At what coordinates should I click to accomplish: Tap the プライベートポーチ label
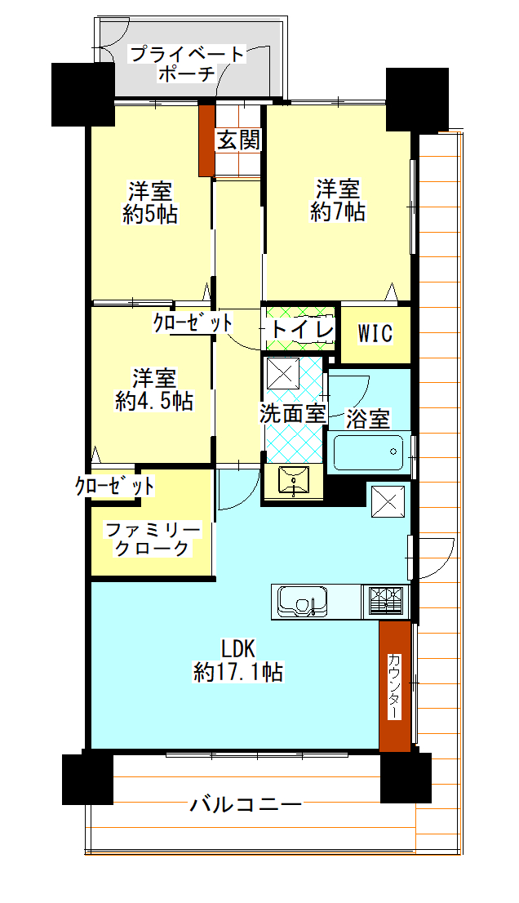[187, 64]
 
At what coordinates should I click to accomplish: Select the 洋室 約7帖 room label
[338, 200]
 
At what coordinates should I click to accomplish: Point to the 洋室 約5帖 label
[150, 202]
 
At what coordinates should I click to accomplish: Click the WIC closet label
[375, 333]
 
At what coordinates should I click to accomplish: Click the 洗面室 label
[293, 413]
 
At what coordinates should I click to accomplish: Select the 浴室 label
[368, 419]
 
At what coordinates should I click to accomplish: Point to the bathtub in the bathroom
[369, 452]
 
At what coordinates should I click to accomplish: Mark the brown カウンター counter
[395, 686]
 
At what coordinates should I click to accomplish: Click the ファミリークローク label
[152, 539]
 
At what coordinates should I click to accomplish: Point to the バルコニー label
[246, 803]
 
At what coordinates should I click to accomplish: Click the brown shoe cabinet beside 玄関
[206, 140]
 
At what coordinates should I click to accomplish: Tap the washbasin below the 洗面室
[294, 480]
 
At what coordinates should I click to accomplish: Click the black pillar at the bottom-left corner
[87, 779]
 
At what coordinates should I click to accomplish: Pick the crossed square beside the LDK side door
[388, 501]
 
